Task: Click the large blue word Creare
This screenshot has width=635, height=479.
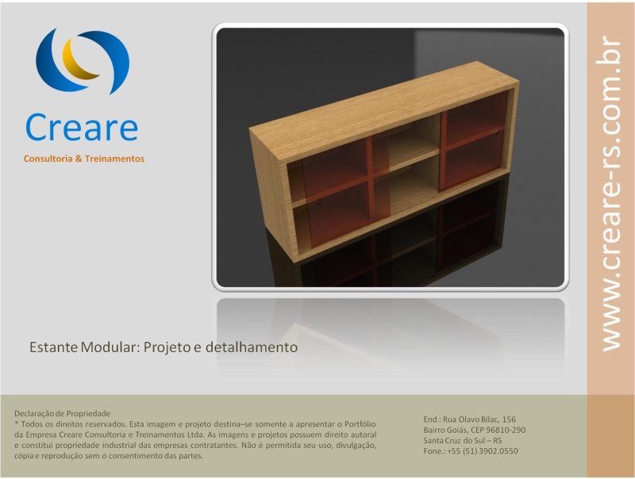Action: [82, 127]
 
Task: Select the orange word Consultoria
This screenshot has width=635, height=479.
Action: [48, 159]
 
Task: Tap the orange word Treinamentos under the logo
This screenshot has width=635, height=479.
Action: [114, 159]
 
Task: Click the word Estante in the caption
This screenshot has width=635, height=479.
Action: [53, 347]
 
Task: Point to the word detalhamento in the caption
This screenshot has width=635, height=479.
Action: [252, 347]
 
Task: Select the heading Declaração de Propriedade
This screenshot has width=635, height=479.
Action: [63, 413]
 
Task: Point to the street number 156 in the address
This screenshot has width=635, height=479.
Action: [509, 420]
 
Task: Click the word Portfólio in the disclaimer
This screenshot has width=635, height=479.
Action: [360, 424]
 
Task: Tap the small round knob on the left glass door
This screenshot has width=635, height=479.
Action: [319, 201]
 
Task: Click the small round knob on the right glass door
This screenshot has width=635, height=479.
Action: [496, 132]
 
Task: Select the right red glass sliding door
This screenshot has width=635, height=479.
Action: [474, 142]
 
